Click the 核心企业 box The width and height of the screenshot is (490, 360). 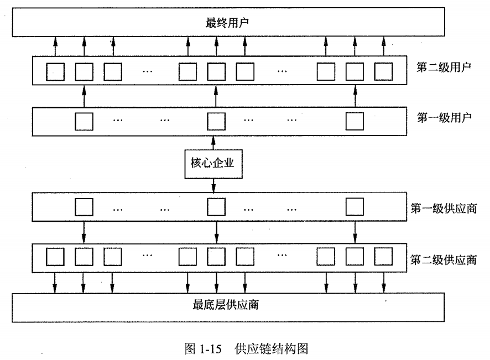click(x=213, y=164)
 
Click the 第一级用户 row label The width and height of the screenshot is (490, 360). click(x=444, y=117)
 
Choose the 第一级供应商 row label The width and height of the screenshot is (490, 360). click(x=444, y=209)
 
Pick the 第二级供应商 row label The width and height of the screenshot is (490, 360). click(x=444, y=259)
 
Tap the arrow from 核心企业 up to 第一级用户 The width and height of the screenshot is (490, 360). click(x=213, y=142)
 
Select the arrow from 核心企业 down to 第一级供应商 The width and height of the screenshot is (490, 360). click(x=213, y=186)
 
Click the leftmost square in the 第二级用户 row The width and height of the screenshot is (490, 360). click(x=55, y=71)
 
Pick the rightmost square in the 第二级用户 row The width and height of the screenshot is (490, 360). click(x=383, y=71)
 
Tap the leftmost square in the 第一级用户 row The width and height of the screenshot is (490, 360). click(x=84, y=121)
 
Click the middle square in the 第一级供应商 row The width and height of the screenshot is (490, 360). click(x=216, y=206)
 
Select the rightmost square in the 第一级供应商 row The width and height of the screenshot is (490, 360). click(x=355, y=206)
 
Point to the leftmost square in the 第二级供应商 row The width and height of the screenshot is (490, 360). click(x=55, y=256)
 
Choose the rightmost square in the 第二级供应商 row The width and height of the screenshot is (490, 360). click(x=383, y=256)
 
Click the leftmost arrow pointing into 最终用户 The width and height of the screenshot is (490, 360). click(x=55, y=45)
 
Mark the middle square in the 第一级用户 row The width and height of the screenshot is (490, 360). click(x=216, y=121)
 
